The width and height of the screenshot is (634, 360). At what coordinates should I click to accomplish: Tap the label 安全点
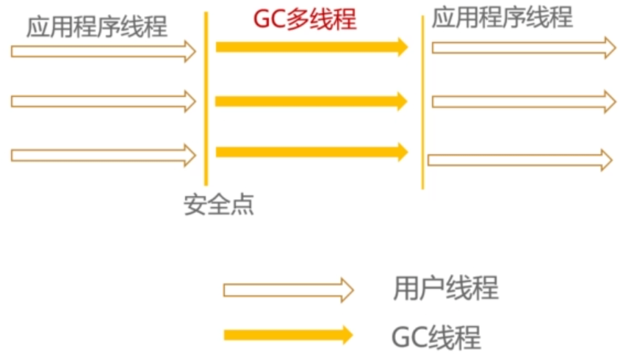(x=218, y=205)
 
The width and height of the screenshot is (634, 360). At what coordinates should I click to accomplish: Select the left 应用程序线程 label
(x=97, y=27)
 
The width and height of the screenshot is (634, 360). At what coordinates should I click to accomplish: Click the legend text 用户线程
(x=445, y=288)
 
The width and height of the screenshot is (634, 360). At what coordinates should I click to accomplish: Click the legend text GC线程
(x=436, y=337)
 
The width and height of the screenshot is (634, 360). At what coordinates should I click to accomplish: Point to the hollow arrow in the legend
(x=288, y=289)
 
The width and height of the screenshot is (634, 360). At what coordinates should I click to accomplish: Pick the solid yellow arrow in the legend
(x=288, y=335)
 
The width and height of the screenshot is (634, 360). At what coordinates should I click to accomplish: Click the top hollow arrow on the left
(x=103, y=51)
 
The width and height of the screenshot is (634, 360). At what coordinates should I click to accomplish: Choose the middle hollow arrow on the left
(x=103, y=101)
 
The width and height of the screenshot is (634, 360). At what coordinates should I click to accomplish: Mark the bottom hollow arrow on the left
(x=103, y=155)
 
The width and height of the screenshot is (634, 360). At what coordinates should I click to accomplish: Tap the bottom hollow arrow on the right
(x=519, y=159)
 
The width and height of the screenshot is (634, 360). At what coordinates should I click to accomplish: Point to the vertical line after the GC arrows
(x=422, y=103)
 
